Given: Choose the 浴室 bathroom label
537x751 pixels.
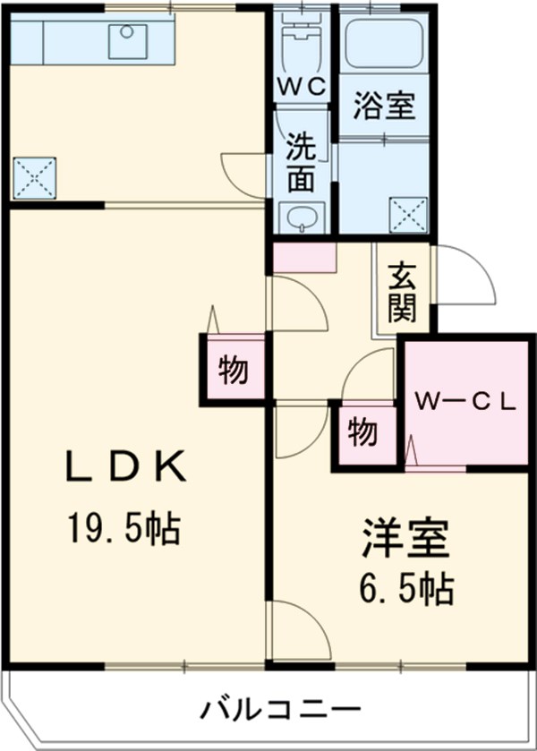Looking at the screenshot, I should coord(383,106).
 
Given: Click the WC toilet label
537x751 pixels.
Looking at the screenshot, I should coord(302,88).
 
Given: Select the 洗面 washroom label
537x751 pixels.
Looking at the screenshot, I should coord(301,163).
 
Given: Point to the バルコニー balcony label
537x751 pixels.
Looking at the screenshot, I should coord(268,711).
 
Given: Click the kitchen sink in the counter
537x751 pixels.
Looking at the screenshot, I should coord(128,41).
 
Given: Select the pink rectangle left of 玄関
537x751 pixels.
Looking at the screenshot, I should coord(304,258).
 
